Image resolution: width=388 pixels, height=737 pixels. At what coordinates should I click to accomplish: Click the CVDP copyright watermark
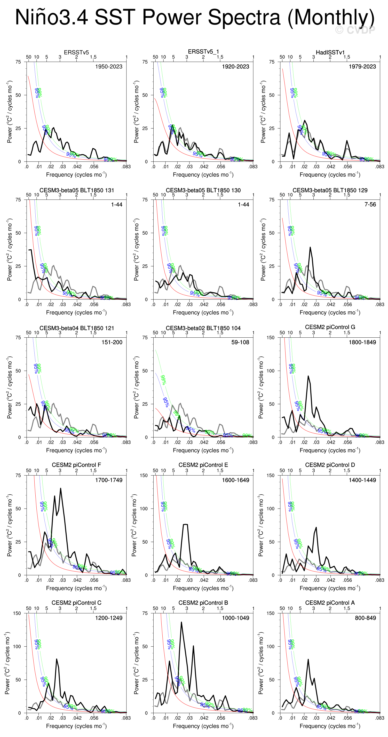pyautogui.click(x=355, y=30)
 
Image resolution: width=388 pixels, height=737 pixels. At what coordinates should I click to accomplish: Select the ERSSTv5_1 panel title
pyautogui.click(x=203, y=51)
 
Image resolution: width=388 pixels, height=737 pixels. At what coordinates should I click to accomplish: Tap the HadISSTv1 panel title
pyautogui.click(x=330, y=52)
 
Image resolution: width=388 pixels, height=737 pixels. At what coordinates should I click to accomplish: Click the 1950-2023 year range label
pyautogui.click(x=108, y=67)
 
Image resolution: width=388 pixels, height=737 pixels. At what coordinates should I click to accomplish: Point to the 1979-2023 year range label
pyautogui.click(x=362, y=67)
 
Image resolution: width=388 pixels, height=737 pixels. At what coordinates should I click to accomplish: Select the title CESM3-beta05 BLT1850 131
pyautogui.click(x=77, y=190)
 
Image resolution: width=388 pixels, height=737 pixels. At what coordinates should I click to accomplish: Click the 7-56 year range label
pyautogui.click(x=370, y=204)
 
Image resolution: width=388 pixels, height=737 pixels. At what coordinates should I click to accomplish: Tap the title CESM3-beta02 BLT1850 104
pyautogui.click(x=203, y=328)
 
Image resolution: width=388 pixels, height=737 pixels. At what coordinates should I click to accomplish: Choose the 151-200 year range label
pyautogui.click(x=112, y=343)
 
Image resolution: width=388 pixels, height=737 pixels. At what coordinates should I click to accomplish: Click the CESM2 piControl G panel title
pyautogui.click(x=330, y=327)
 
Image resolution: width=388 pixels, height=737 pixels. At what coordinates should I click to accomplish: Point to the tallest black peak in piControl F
pyautogui.click(x=60, y=489)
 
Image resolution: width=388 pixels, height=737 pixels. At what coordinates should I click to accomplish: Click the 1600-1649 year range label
pyautogui.click(x=235, y=480)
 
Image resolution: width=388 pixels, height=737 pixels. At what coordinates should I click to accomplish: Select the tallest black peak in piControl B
pyautogui.click(x=181, y=623)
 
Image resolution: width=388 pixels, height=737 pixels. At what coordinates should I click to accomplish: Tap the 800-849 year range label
pyautogui.click(x=365, y=618)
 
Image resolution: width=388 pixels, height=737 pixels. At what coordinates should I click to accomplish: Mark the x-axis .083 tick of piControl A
pyautogui.click(x=380, y=718)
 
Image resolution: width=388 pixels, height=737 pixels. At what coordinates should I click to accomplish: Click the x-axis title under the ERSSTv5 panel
pyautogui.click(x=76, y=175)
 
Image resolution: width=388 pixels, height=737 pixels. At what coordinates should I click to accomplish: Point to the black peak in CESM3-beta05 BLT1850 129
pyautogui.click(x=310, y=248)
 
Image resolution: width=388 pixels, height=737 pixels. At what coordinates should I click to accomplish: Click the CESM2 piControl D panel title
pyautogui.click(x=330, y=465)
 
